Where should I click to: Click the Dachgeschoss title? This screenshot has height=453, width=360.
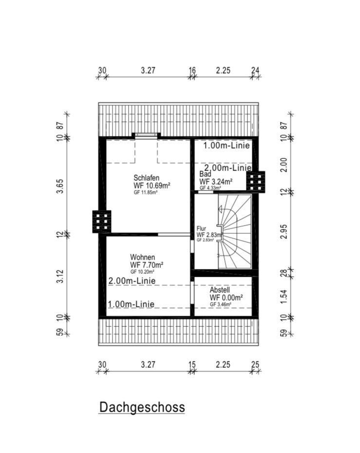[x=142, y=407]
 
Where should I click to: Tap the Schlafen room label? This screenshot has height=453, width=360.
[x=146, y=178]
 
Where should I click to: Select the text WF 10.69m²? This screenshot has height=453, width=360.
[x=152, y=185]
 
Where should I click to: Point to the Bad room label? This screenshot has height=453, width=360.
[x=205, y=174]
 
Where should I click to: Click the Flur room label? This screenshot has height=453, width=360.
[x=201, y=228]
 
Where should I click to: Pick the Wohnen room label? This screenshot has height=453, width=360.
[x=142, y=257]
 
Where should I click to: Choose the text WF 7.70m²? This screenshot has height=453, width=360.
[x=147, y=264]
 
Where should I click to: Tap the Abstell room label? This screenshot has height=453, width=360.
[x=220, y=290]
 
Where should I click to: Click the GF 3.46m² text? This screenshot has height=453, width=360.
[x=220, y=304]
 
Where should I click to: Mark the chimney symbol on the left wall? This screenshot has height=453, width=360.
[x=102, y=222]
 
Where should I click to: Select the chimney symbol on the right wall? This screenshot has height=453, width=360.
[x=256, y=182]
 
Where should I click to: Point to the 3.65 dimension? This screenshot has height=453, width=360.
[x=59, y=187]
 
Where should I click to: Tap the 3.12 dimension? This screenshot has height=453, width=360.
[x=59, y=276]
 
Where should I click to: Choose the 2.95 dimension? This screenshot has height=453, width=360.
[x=284, y=231]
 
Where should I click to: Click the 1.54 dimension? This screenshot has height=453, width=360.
[x=284, y=297]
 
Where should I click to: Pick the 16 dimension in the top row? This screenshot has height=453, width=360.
[x=192, y=70]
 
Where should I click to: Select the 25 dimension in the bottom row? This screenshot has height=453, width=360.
[x=255, y=365]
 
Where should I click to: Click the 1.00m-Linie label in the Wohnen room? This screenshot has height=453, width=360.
[x=131, y=304]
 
